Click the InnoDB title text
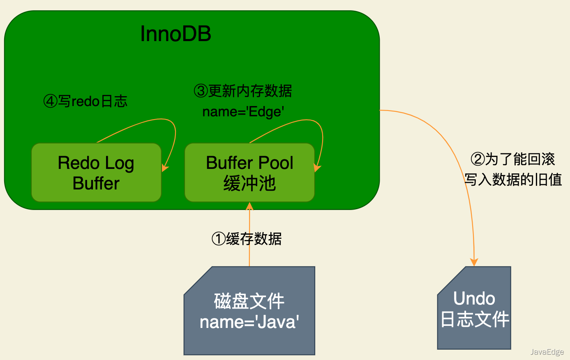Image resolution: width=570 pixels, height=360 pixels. coord(175,34)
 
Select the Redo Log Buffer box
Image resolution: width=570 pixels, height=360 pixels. coord(97,173)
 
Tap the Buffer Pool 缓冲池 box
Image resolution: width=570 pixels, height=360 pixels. coord(249,173)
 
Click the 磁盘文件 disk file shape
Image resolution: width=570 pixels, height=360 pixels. coord(249,311)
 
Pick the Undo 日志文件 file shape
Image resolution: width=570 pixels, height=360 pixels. coord(474,308)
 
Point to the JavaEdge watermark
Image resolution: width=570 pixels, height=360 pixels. coord(547,352)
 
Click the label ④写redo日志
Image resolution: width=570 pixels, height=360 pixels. coord(85,101)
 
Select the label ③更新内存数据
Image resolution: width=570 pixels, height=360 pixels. coord(243,91)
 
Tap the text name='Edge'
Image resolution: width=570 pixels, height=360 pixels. coord(243,112)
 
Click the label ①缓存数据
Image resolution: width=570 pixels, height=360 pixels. coord(247,239)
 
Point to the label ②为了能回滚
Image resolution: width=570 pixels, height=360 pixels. coord(513,159)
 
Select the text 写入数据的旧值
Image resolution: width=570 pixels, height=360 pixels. coord(513,180)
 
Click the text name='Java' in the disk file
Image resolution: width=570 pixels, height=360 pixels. coord(249,322)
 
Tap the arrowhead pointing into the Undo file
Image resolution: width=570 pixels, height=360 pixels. coord(474,262)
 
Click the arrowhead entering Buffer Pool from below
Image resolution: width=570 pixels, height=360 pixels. coord(249,206)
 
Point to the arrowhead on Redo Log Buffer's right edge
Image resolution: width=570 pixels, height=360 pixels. coord(165,168)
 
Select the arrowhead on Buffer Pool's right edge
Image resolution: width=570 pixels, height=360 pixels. coord(318,168)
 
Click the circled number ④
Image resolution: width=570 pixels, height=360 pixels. coord(50,101)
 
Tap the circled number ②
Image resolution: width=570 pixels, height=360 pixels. coord(478,159)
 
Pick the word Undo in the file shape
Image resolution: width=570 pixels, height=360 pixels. coord(474,298)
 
